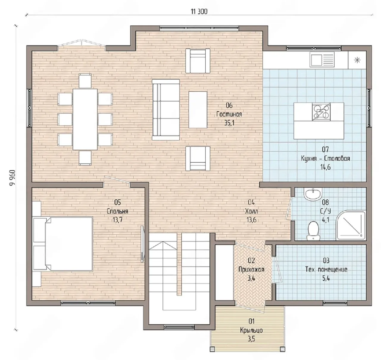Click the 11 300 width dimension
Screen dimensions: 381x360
pyautogui.click(x=199, y=12)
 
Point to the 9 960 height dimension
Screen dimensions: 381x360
pyautogui.click(x=12, y=178)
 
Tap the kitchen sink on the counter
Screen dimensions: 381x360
pyautogui.click(x=322, y=60)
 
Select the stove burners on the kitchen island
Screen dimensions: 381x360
pyautogui.click(x=321, y=112)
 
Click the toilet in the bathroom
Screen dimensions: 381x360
pyautogui.click(x=313, y=230)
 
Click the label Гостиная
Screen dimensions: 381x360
pyautogui.click(x=229, y=114)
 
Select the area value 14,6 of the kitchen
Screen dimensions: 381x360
pyautogui.click(x=325, y=167)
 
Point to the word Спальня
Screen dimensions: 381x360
pyautogui.click(x=117, y=211)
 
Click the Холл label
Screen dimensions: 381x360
pyautogui.click(x=251, y=211)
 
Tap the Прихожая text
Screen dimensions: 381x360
pyautogui.click(x=251, y=269)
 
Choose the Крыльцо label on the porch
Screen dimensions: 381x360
pyautogui.click(x=251, y=330)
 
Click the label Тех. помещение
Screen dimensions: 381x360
pyautogui.click(x=326, y=269)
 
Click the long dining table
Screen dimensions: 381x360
pyautogui.click(x=85, y=119)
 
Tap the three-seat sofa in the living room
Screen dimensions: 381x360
pyautogui.click(x=166, y=110)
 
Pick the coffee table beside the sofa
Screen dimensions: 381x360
pyautogui.click(x=198, y=110)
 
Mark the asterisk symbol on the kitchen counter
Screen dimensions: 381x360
pyautogui.click(x=357, y=60)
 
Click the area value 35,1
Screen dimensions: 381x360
pyautogui.click(x=229, y=123)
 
